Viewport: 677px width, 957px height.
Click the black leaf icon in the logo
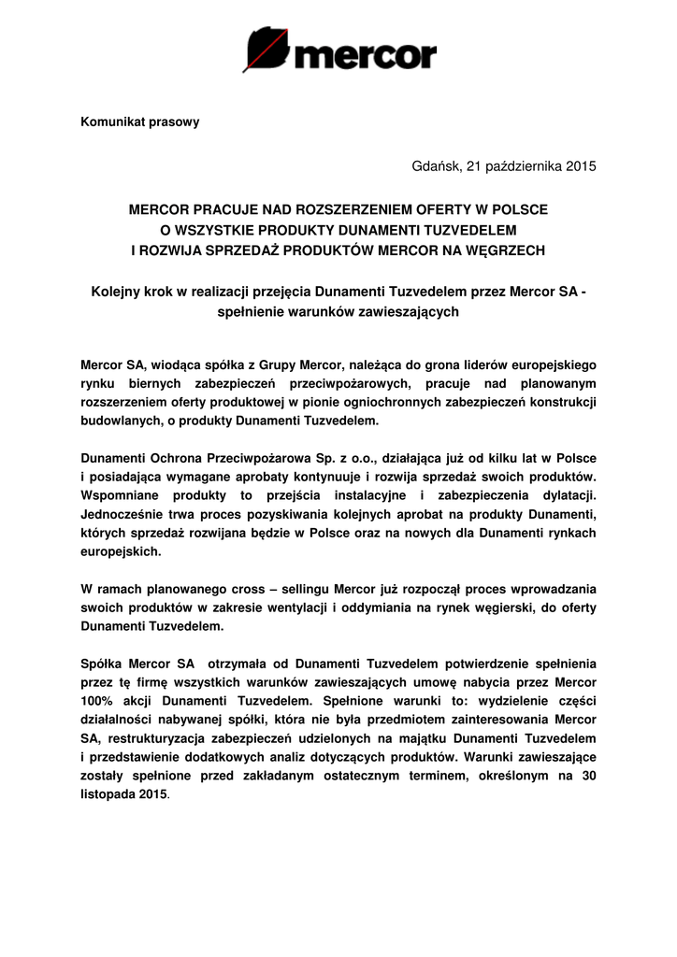click(266, 50)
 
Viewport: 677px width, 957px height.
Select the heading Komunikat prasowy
click(139, 121)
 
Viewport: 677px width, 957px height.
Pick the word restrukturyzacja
click(160, 738)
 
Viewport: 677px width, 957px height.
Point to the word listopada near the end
click(108, 794)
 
